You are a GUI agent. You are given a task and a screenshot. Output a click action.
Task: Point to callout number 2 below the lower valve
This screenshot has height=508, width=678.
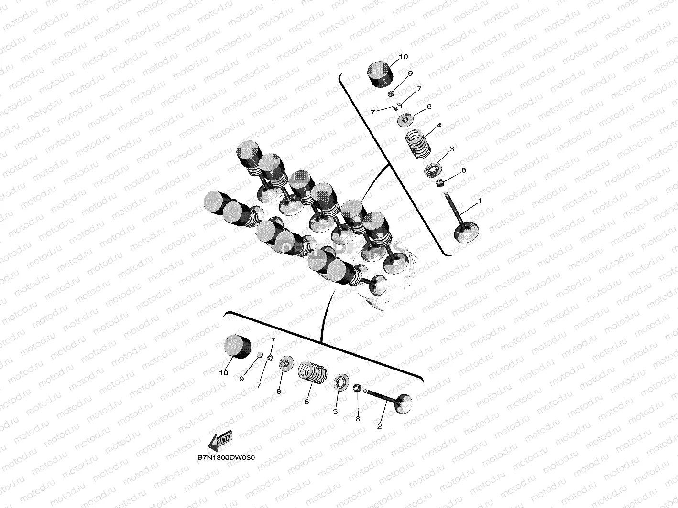click(379, 426)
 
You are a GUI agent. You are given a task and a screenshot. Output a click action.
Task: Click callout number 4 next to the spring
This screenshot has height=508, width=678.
click(439, 125)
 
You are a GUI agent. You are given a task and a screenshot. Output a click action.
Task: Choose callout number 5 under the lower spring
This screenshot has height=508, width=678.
click(306, 402)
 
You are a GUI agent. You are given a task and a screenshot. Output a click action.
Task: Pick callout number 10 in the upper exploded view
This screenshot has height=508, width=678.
click(404, 57)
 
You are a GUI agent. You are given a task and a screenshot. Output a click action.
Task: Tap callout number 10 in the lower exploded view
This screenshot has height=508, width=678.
click(224, 373)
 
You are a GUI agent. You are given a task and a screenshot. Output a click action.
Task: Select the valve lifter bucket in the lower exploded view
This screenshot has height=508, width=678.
click(237, 347)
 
